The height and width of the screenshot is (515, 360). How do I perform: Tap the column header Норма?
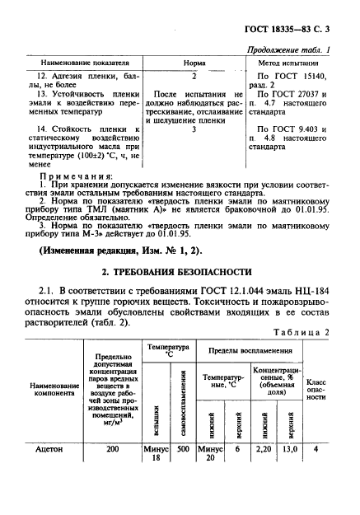[x=193, y=63]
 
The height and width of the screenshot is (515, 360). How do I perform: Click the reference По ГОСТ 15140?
[x=292, y=75]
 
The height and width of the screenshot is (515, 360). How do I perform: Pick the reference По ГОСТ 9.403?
[x=292, y=129]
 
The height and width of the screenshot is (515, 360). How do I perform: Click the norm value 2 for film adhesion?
[x=193, y=75]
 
